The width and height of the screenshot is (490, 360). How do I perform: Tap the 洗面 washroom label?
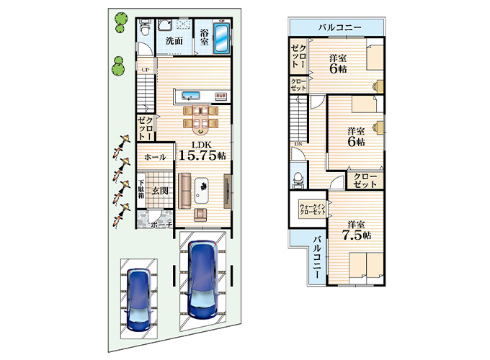coord(173,41)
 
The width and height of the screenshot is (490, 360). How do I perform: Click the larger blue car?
coord(202,279)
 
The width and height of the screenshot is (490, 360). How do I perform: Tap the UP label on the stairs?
coord(145,69)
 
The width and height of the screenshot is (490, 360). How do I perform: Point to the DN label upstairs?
coord(298,144)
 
